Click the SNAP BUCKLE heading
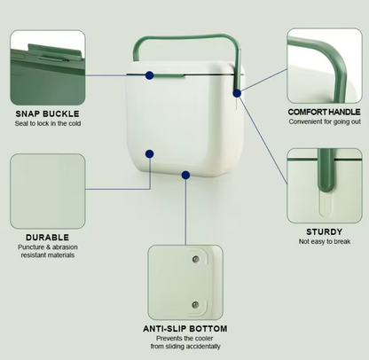(47, 113)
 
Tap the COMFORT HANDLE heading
(325, 112)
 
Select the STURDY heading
(325, 231)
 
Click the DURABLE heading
(47, 238)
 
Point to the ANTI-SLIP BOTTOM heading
(185, 329)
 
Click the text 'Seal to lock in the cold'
(48, 123)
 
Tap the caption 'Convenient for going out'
(325, 121)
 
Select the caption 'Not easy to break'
(325, 241)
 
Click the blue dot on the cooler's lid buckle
(150, 75)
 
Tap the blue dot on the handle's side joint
(237, 93)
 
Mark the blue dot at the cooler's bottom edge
(185, 175)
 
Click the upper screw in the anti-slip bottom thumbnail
(195, 259)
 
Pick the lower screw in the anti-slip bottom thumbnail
(195, 304)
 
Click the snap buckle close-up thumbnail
(48, 67)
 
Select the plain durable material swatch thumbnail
(48, 192)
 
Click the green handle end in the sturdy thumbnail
(326, 171)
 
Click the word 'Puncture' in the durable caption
(31, 247)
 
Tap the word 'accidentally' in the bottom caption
(204, 346)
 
